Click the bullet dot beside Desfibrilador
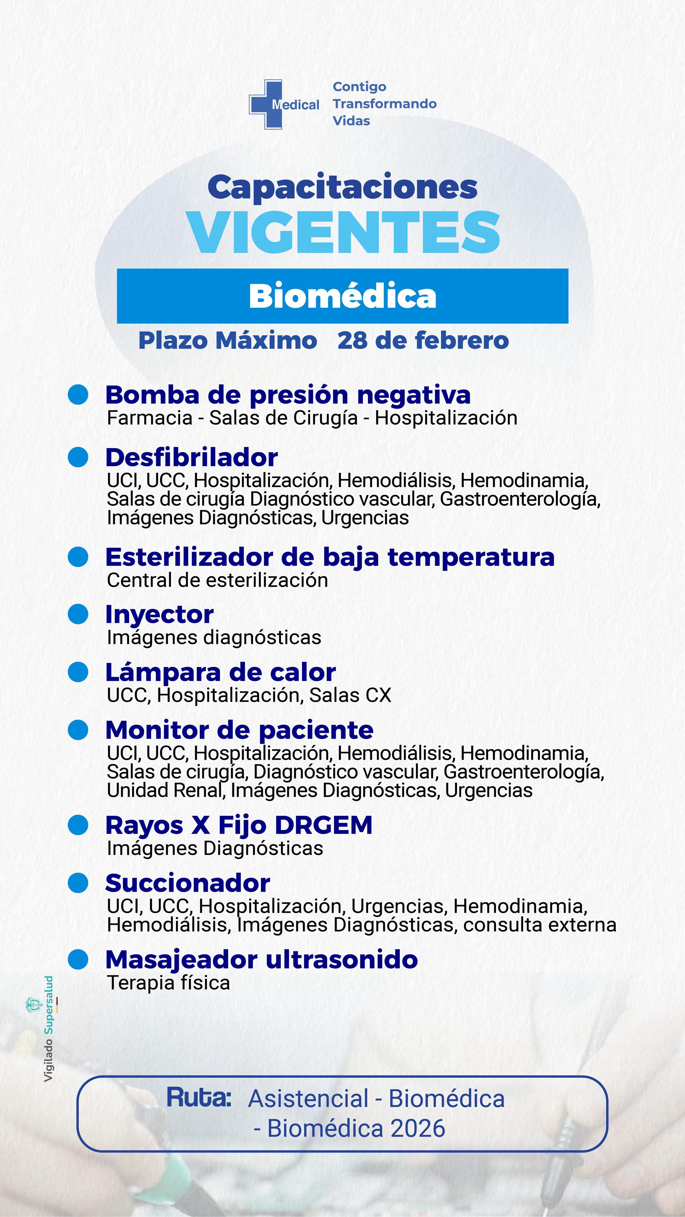tap(78, 457)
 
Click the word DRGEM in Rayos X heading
tap(323, 825)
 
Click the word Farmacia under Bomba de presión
tap(149, 418)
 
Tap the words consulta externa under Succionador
tap(540, 924)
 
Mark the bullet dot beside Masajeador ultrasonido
tap(78, 959)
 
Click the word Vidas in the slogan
tap(351, 121)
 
